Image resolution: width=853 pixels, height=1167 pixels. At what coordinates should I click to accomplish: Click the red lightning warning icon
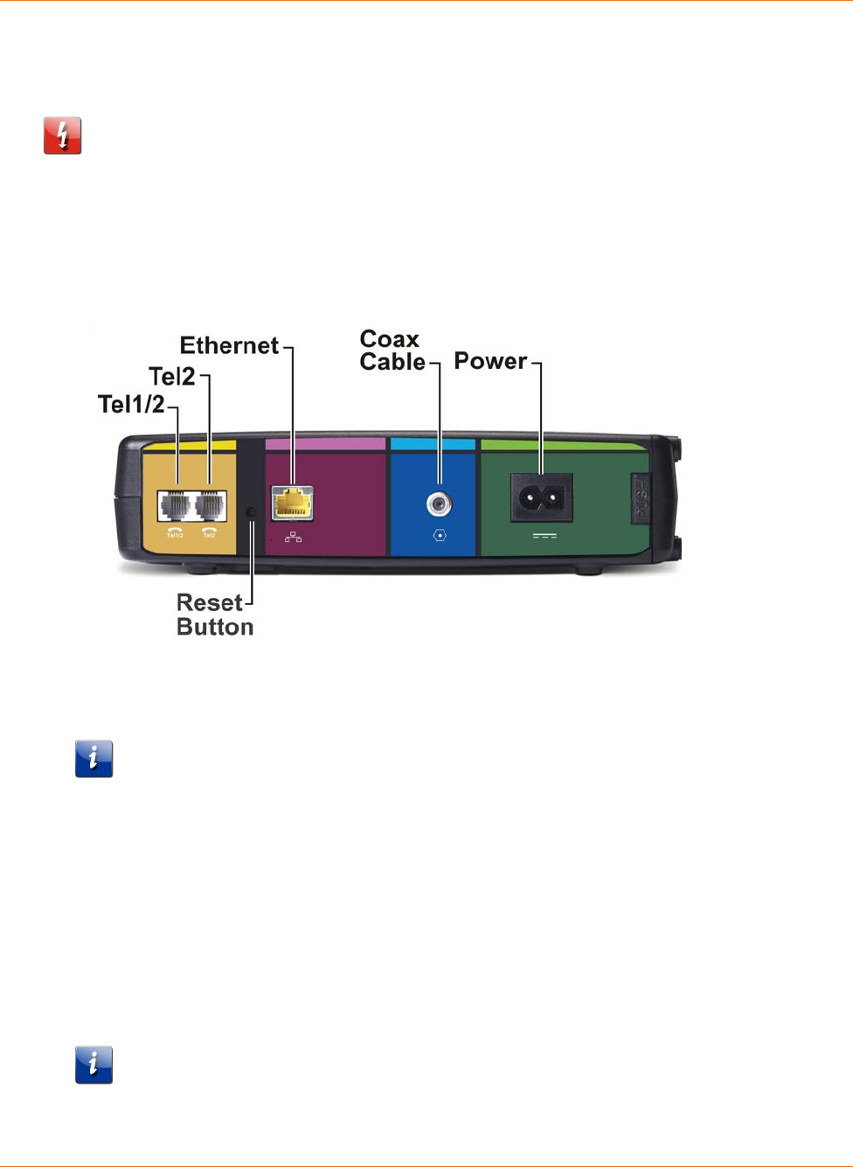pos(63,135)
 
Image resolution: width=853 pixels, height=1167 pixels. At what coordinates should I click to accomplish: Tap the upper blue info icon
pos(94,759)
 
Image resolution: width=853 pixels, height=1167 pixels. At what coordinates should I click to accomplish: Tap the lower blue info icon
pos(94,1065)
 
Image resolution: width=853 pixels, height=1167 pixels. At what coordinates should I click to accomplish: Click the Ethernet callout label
pos(229,346)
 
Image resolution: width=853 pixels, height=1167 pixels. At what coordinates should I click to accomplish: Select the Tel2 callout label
pos(172,377)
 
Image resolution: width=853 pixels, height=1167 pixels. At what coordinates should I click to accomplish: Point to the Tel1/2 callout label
pos(131,405)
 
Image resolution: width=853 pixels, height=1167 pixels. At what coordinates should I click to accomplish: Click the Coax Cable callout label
pos(392,351)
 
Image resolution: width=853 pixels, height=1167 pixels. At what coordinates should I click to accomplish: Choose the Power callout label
pos(490,361)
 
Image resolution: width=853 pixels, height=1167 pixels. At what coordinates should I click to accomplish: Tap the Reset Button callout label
pos(214,615)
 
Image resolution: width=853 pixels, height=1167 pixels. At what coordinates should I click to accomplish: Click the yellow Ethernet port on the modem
pos(293,504)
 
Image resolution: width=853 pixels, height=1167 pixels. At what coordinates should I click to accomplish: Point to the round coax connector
pos(439,504)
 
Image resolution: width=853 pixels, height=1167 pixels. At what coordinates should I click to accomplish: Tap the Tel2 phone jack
pos(210,505)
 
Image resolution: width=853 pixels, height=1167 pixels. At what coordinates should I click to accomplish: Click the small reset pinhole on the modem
pos(252,511)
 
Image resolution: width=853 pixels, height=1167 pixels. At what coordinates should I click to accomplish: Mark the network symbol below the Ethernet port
pos(294,537)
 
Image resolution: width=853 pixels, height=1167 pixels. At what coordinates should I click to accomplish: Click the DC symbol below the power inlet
pos(544,535)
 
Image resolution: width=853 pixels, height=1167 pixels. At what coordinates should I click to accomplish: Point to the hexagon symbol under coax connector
pos(440,535)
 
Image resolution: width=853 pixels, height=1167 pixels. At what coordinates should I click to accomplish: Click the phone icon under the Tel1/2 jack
pos(175,529)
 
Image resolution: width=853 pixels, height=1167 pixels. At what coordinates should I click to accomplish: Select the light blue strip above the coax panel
pos(433,444)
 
